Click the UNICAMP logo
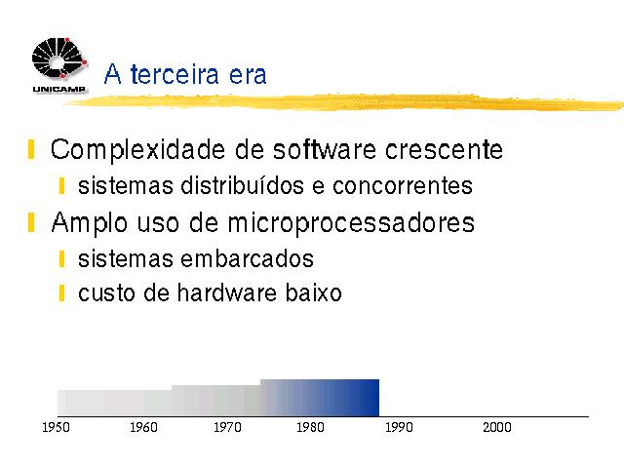[x=59, y=65]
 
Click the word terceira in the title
[x=175, y=74]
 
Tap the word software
[x=325, y=149]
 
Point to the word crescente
[x=444, y=150]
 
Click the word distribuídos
[x=242, y=185]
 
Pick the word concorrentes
[x=403, y=186]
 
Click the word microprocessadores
[x=351, y=223]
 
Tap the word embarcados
[x=247, y=258]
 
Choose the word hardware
[x=227, y=292]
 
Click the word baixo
[x=314, y=292]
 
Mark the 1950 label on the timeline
[x=57, y=427]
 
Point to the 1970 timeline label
[x=227, y=427]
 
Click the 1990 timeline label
[x=399, y=427]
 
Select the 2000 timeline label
[x=497, y=427]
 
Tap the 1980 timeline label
[x=310, y=427]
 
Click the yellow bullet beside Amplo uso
[x=31, y=222]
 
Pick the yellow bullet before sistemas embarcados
[x=61, y=259]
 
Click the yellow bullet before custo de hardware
[x=61, y=292]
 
